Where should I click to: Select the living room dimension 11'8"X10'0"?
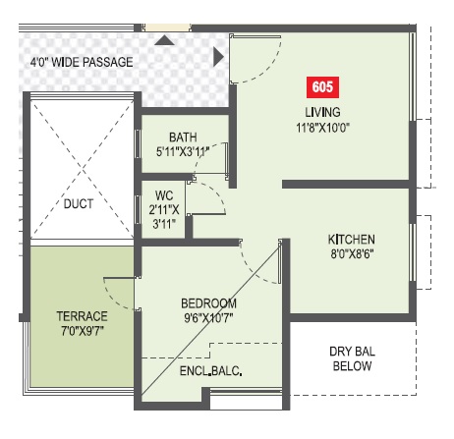322,126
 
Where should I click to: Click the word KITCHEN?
352,240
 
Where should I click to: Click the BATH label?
184,137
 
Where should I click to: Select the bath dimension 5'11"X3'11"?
184,153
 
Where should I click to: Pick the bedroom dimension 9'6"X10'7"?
208,317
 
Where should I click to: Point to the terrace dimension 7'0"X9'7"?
83,332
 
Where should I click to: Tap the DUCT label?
79,205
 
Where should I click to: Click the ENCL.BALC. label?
211,371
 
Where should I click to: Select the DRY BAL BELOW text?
351,358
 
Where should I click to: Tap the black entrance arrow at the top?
164,40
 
